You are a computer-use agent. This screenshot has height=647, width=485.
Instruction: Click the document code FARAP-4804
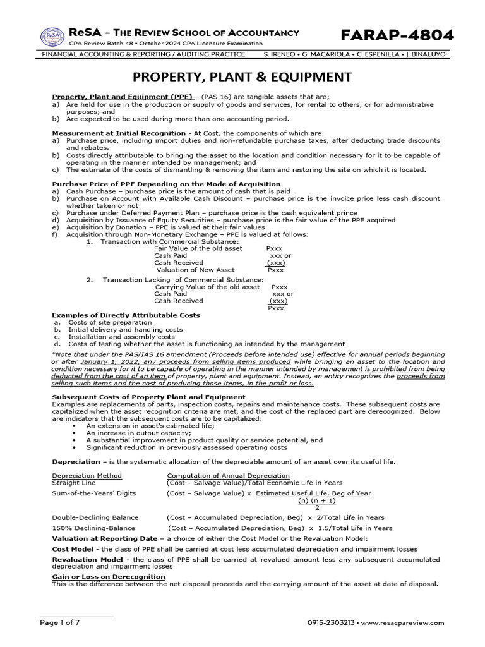click(397, 35)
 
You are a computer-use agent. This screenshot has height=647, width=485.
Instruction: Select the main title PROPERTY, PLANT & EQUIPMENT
click(242, 78)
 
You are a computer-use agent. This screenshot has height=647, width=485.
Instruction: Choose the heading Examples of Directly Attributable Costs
click(126, 315)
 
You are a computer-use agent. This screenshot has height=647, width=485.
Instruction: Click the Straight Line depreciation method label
click(75, 483)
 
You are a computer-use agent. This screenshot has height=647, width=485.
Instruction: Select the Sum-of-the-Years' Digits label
click(93, 493)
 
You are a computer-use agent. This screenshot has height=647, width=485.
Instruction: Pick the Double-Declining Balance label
click(95, 517)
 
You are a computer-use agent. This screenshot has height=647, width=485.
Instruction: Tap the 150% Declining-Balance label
click(93, 528)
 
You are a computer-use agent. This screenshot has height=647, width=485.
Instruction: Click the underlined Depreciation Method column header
click(87, 476)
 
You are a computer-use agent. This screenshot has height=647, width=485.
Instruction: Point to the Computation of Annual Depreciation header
click(228, 476)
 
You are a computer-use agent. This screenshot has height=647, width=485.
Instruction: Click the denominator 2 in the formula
click(316, 507)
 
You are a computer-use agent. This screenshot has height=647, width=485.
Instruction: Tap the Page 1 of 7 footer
click(60, 623)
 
